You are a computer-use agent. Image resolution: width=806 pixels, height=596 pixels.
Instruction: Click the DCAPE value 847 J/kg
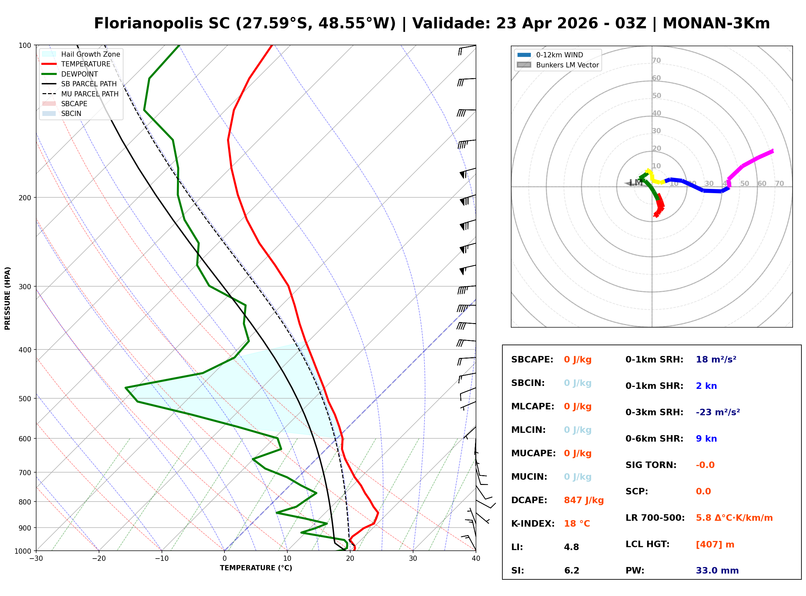coord(583,500)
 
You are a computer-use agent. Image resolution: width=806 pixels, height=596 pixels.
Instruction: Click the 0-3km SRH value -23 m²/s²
coord(718,412)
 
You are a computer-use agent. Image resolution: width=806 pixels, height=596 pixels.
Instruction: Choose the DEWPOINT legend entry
coord(79,74)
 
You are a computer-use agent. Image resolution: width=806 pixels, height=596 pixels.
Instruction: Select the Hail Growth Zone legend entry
coord(90,54)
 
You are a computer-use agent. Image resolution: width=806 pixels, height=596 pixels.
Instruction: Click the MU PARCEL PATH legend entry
coord(90,94)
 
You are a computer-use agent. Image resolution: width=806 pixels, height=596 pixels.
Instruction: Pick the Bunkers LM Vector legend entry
coord(567,65)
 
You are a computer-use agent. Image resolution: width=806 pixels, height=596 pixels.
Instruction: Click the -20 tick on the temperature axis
coord(98,559)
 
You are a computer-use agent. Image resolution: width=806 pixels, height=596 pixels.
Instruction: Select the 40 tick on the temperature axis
coord(476,559)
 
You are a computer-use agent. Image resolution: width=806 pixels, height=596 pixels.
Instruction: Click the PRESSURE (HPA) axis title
coord(7,298)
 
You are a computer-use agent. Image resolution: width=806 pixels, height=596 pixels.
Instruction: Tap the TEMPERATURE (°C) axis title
coord(256,568)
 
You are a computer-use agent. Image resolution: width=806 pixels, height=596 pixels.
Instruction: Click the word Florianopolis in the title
coord(162,23)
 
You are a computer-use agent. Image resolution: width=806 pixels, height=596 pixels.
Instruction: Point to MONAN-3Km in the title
coord(716,23)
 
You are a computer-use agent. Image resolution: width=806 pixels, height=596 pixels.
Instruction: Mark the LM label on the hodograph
coord(636,183)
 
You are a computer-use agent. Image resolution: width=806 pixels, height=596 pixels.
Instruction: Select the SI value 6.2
coord(571,571)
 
